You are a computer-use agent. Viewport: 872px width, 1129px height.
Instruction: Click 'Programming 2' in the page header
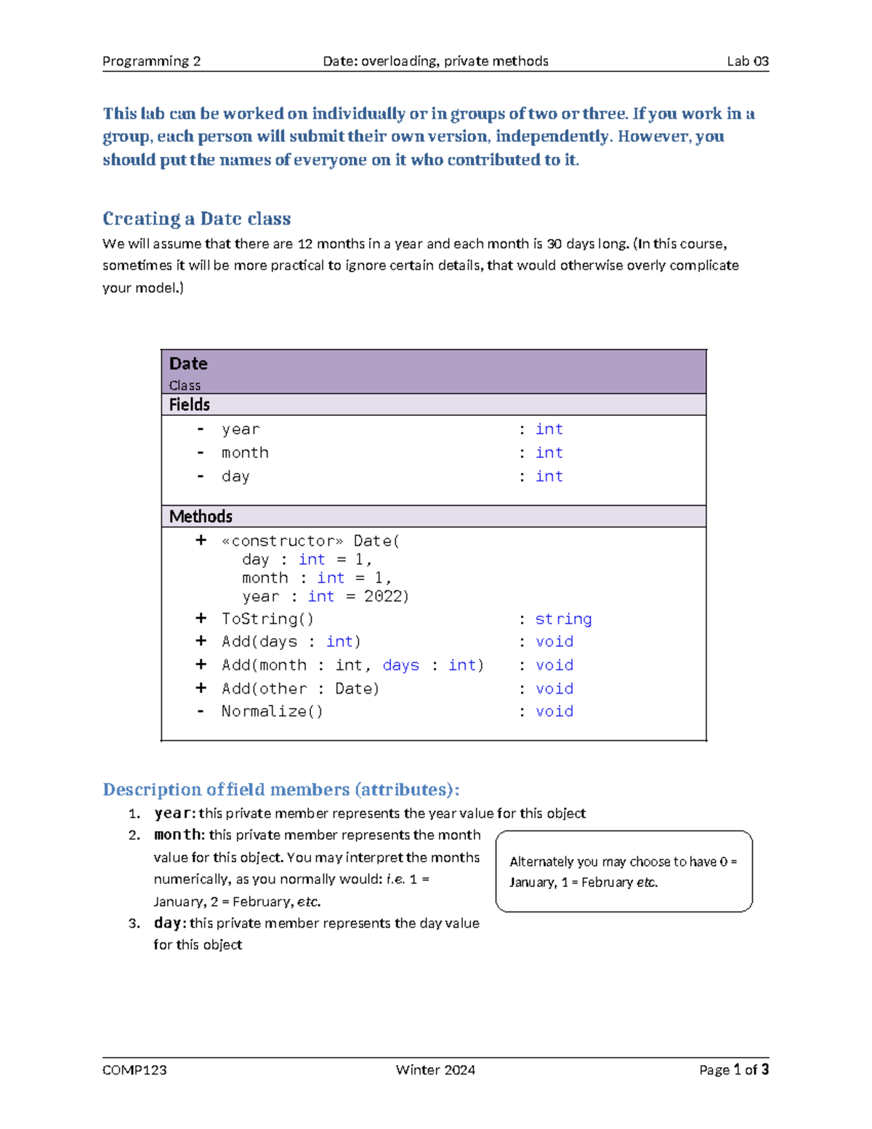(x=151, y=61)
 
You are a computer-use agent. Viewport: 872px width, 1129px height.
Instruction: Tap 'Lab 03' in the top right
(x=748, y=61)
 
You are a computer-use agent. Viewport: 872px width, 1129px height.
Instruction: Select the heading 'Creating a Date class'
(x=196, y=219)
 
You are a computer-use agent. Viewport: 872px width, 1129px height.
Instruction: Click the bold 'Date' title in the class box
(x=188, y=363)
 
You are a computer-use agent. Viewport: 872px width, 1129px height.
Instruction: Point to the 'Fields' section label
(x=189, y=405)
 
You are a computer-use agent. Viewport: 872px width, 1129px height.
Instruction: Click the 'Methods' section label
(x=201, y=517)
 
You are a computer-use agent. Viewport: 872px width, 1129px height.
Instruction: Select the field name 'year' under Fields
(x=241, y=430)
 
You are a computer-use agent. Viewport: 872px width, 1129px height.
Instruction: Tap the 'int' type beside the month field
(x=549, y=453)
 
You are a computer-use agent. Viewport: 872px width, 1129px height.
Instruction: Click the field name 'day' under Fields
(x=235, y=477)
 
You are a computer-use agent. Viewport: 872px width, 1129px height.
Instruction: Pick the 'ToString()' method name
(x=267, y=619)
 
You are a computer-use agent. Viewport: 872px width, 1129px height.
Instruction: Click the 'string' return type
(x=563, y=619)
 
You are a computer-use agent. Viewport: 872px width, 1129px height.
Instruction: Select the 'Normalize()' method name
(x=272, y=712)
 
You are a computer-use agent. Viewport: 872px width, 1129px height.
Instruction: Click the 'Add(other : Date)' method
(x=300, y=688)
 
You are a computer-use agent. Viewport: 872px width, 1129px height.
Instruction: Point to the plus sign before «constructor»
(x=201, y=541)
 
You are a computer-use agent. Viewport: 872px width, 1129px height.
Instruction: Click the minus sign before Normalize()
(x=201, y=712)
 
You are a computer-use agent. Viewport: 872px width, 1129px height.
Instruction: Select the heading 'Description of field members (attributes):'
(x=280, y=790)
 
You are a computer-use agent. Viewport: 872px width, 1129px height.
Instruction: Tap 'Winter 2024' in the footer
(x=435, y=1070)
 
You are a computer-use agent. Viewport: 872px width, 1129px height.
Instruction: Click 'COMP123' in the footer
(x=134, y=1070)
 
